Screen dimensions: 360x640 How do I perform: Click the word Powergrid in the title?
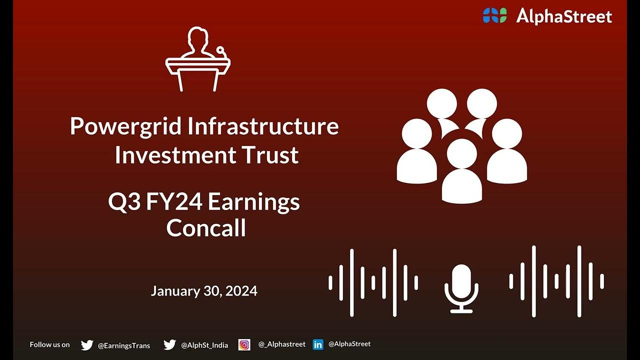125,126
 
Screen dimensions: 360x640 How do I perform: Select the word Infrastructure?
263,126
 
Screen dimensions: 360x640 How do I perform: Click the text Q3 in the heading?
124,202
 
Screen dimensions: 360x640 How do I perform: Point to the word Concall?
206,228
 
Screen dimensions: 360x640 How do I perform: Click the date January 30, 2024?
204,291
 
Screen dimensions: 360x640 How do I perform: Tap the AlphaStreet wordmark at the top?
564,16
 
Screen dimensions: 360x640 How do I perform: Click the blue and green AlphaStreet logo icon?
494,15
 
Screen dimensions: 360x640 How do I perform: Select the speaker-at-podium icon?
198,60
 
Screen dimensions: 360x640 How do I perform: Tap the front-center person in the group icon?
461,172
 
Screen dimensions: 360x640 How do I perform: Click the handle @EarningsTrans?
123,345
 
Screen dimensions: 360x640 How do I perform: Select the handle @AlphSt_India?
204,345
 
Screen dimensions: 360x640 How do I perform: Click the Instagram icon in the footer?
244,344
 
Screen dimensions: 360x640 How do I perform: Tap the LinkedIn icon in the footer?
318,344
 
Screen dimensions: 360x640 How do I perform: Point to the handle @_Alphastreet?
281,344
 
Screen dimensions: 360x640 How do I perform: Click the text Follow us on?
49,344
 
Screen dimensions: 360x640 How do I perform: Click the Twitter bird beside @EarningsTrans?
87,345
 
